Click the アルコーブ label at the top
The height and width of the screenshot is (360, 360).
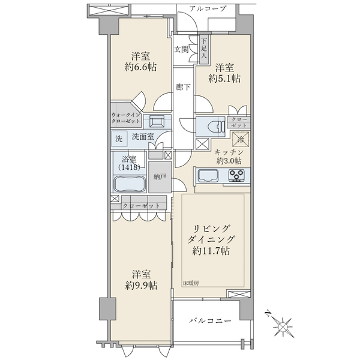(208, 9)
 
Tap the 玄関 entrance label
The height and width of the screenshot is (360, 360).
(181, 49)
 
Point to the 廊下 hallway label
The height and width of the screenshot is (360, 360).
(183, 87)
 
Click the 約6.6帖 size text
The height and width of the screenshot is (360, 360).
(140, 67)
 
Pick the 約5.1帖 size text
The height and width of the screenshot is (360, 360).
(224, 79)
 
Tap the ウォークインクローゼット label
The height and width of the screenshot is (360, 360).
(125, 118)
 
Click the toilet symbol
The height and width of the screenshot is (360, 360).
(216, 127)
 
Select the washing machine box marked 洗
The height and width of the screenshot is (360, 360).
(119, 139)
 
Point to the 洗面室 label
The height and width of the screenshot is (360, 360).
(143, 137)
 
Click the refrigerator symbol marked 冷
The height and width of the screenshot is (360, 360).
(241, 139)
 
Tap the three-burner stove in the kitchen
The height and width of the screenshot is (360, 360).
(236, 175)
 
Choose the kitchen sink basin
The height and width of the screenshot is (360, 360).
(208, 176)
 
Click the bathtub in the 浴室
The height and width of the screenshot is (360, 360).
(130, 184)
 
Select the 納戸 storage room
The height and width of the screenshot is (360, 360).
(160, 177)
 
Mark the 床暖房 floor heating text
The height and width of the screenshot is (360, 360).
(191, 283)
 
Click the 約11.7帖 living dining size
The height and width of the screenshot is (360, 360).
(211, 251)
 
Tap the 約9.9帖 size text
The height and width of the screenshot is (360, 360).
(141, 286)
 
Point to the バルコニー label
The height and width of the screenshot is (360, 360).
(210, 320)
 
